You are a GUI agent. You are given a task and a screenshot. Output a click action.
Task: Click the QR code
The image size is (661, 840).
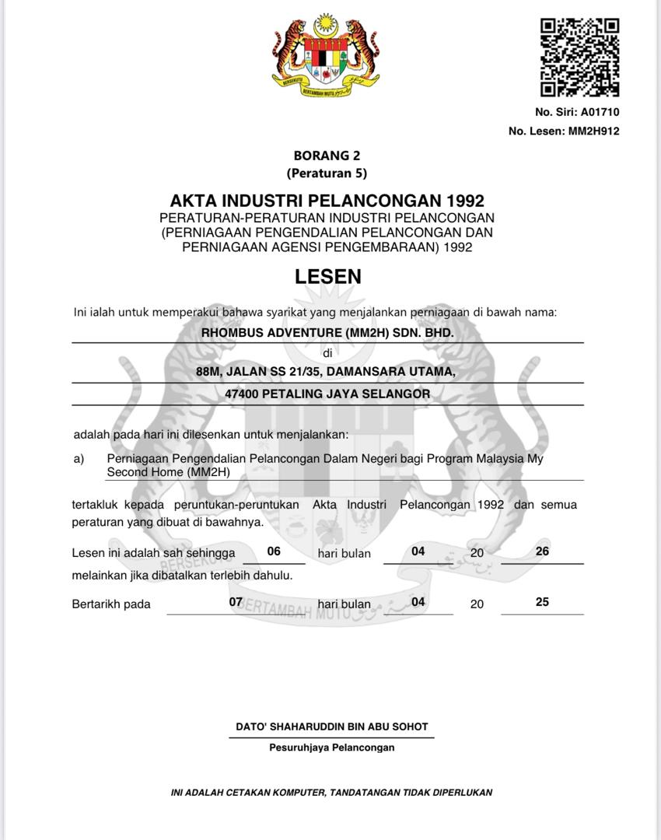coord(579,58)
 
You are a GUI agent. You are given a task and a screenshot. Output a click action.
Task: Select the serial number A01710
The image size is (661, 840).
coord(599,112)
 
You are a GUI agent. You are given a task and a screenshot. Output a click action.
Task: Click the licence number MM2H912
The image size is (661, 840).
coord(593,131)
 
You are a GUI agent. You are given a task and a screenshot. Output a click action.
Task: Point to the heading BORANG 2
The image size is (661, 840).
coord(327,156)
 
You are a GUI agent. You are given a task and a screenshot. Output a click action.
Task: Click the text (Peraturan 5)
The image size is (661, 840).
coord(327,173)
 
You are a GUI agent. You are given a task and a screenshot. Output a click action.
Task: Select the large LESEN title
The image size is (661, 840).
coord(327,276)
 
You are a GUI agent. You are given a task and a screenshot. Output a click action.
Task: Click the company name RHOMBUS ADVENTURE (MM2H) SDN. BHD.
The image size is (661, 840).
coord(327,332)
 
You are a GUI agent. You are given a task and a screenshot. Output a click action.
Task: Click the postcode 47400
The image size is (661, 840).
coord(241,394)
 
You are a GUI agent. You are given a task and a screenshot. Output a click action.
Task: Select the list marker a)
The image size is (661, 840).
coord(79,459)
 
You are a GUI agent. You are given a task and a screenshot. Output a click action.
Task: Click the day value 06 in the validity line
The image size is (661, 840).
coord(274,551)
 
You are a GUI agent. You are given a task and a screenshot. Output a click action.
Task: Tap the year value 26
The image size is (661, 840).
coord(543,551)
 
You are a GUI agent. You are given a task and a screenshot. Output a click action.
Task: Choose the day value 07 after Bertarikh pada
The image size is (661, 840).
coord(236,602)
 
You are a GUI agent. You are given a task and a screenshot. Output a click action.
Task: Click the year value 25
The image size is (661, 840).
coord(543,602)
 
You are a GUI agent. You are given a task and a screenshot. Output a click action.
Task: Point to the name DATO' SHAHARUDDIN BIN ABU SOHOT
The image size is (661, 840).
coord(332,726)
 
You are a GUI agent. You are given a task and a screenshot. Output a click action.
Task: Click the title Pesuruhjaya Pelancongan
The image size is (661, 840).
coord(332,747)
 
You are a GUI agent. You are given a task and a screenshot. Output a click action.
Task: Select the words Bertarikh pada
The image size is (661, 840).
coord(111,604)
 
